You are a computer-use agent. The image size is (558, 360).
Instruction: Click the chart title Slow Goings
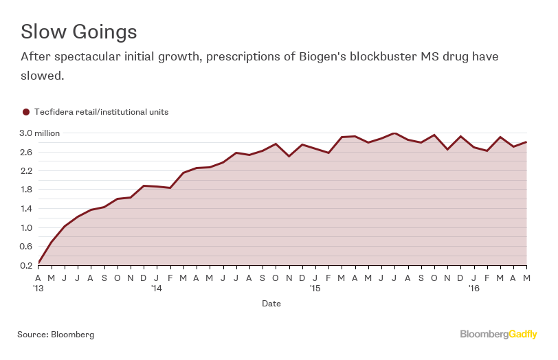click(x=78, y=32)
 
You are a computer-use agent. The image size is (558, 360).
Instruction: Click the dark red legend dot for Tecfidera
click(x=26, y=111)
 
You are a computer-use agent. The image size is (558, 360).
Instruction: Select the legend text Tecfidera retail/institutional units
click(x=101, y=111)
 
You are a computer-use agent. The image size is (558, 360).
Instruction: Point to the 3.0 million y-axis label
click(x=39, y=133)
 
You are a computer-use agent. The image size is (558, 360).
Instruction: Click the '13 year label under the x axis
click(x=39, y=289)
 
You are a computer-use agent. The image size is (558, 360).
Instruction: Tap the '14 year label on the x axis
click(x=157, y=289)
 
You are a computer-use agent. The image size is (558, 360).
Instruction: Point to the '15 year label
click(x=315, y=289)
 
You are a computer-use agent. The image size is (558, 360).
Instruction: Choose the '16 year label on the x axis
click(x=474, y=289)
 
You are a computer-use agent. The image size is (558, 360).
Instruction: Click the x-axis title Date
click(x=271, y=303)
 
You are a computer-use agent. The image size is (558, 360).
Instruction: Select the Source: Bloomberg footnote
click(x=56, y=335)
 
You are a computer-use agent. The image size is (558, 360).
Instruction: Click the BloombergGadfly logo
click(x=498, y=335)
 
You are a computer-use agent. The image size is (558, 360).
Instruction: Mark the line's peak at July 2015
click(x=394, y=133)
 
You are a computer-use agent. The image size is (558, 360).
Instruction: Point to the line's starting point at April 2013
click(x=38, y=262)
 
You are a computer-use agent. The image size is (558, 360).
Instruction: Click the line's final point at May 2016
click(x=526, y=142)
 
